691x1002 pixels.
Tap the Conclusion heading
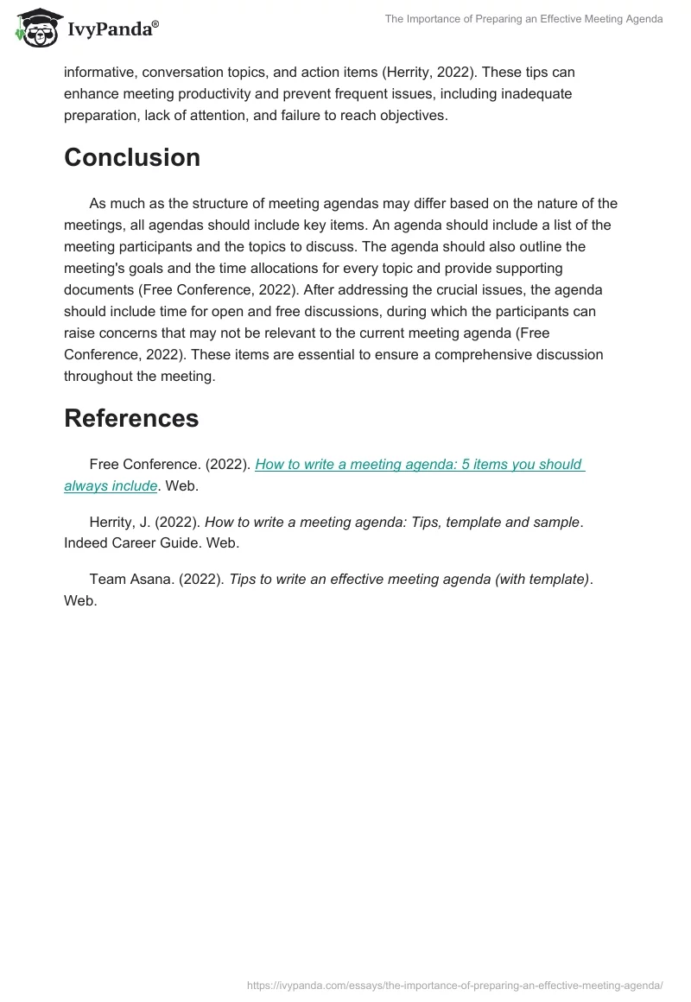coord(132,157)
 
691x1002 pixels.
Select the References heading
coord(131,418)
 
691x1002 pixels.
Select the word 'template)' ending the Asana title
coord(558,579)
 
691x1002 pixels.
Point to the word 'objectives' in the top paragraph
coord(413,115)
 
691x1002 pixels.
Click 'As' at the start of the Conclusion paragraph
coord(98,203)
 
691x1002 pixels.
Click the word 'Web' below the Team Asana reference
coord(79,600)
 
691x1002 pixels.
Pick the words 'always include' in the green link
coord(111,485)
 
